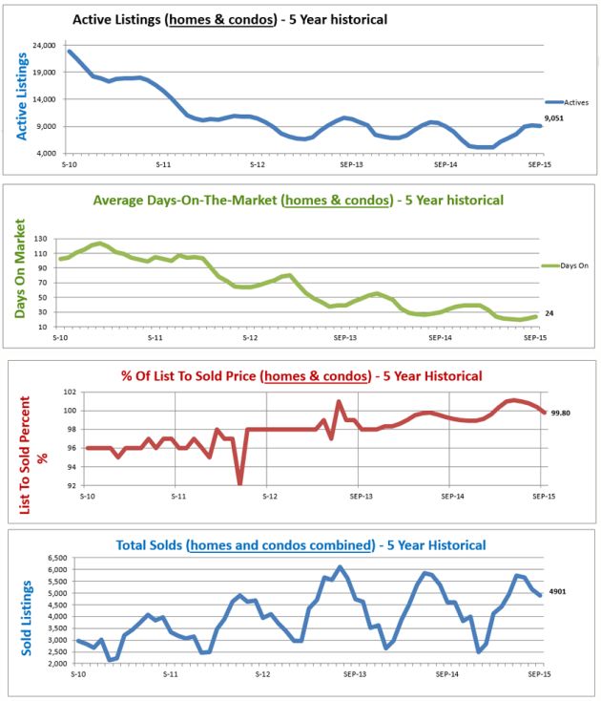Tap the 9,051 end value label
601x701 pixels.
555,118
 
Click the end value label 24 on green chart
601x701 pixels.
549,313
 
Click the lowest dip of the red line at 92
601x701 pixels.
239,482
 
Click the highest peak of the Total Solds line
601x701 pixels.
340,567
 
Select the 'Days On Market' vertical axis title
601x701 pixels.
21,268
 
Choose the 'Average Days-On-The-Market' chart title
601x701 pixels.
298,201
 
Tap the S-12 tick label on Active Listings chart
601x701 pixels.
258,165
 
